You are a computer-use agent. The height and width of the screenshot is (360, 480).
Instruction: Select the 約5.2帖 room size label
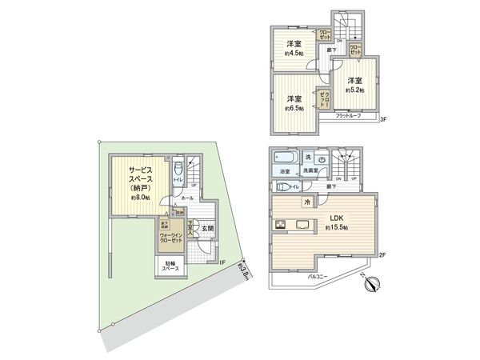pos(354,91)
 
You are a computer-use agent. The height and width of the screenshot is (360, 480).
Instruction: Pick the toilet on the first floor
pos(178,169)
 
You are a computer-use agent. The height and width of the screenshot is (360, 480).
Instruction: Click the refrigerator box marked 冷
pos(307,202)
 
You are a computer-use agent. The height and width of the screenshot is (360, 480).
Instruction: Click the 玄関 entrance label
pos(206,229)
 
